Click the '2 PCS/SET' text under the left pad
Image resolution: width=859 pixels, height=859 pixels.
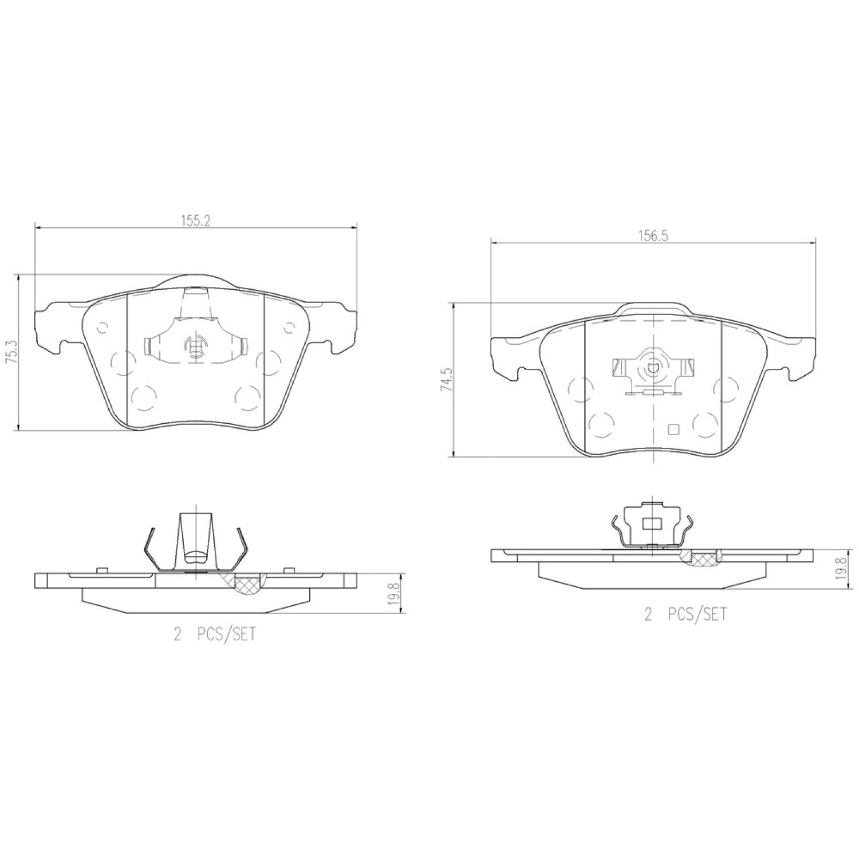pos(215,635)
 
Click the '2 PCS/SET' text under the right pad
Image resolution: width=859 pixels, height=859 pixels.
pos(685,614)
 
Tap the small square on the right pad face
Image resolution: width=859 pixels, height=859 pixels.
pos(673,429)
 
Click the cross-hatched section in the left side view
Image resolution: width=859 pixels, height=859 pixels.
pos(247,585)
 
